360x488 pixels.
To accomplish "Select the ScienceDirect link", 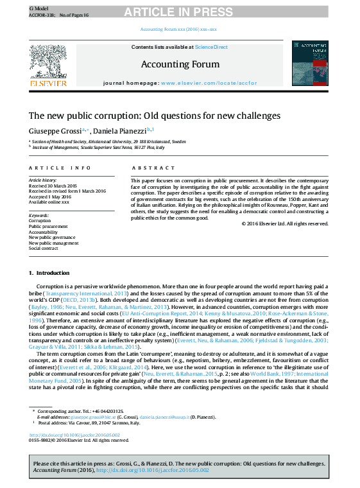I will click(x=211, y=47).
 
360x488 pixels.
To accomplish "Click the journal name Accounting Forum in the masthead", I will click(x=180, y=64).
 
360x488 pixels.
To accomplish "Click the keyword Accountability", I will click(x=43, y=232).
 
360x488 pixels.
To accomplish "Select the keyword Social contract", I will click(x=43, y=248).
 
